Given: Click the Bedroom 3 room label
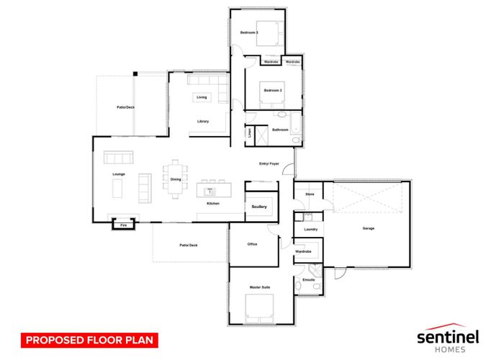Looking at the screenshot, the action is point(249,32).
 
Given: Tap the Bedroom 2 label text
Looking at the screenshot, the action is point(273,90).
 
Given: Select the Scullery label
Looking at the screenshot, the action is point(259,207).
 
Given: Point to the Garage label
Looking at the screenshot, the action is point(369,228).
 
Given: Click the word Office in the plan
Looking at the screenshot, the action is point(252,244).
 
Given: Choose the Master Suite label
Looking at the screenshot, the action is point(260,287).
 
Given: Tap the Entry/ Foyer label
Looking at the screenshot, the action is point(269,163).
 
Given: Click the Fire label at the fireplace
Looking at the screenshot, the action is point(123,225).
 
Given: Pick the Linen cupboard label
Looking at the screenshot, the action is point(250,133).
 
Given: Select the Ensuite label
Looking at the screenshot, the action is point(309,279).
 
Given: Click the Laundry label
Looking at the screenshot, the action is point(310,229).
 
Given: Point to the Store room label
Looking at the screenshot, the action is point(310,194).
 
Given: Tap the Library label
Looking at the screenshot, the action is point(203,121).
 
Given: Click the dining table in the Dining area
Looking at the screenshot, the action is point(175,179).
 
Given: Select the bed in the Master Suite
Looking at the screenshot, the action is point(259,309).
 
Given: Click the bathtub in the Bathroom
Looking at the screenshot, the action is point(295,122).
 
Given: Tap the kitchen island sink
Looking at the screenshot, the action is point(210,192).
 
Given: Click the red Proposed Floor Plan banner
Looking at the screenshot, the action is point(89,340).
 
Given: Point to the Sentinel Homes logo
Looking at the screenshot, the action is point(448,338).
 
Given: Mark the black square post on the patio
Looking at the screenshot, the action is point(135,74).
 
